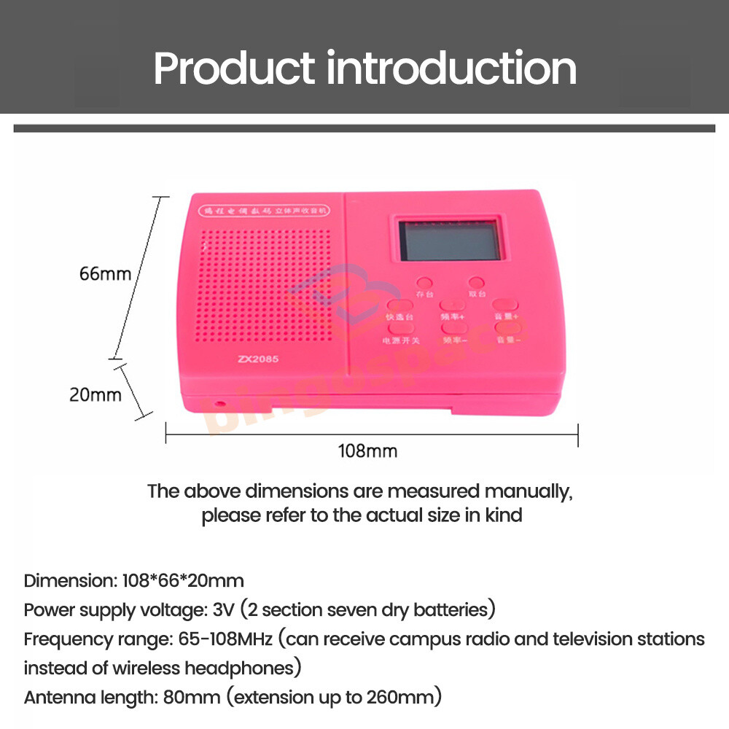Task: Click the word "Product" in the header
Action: coord(234,69)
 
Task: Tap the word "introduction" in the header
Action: coord(451,69)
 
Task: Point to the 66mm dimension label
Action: coord(106,274)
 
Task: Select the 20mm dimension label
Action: coord(95,394)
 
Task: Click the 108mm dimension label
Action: coord(367,451)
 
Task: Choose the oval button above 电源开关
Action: coord(400,330)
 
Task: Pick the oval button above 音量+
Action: coord(505,305)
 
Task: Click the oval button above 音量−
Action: coord(505,329)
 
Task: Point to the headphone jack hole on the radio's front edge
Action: coord(219,402)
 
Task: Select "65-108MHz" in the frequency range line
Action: coord(225,639)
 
